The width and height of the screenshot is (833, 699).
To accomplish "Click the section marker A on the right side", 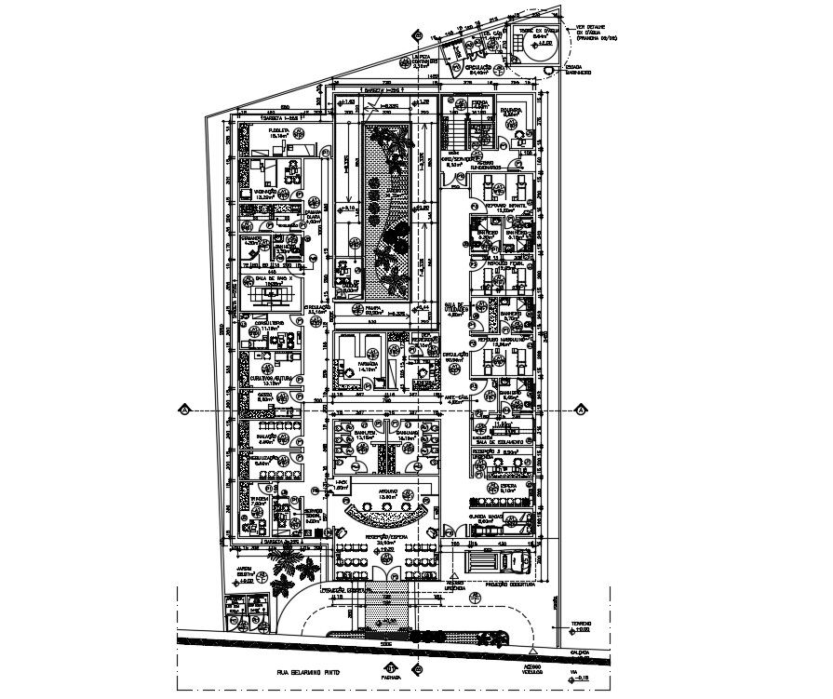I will pyautogui.click(x=580, y=409).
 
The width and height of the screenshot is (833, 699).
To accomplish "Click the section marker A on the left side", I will pyautogui.click(x=185, y=409).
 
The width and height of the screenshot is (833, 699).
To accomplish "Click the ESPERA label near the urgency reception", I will pyautogui.click(x=508, y=485).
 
